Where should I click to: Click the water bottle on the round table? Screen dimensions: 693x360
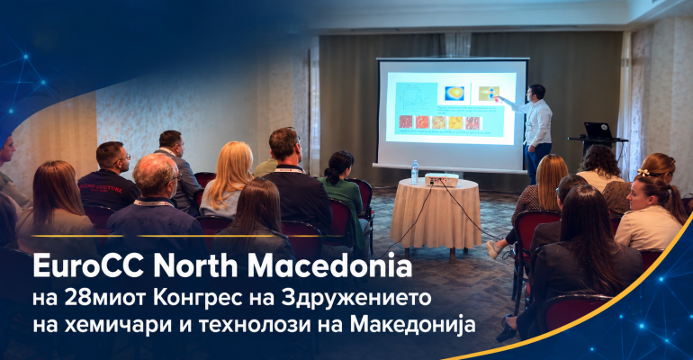point(415,173)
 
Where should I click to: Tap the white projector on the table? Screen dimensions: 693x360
point(442,179)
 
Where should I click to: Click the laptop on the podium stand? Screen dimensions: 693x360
point(598,131)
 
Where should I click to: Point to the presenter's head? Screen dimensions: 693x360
point(537,93)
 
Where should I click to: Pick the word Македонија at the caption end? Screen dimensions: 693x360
point(413,325)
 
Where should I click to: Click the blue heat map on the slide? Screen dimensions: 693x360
point(454,94)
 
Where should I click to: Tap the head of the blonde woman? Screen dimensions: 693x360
point(233,158)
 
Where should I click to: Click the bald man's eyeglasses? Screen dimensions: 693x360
point(175,178)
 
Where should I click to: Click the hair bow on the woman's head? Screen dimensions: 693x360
point(643,173)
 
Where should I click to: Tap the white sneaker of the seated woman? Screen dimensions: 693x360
point(495,249)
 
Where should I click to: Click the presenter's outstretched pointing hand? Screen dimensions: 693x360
point(499,98)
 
